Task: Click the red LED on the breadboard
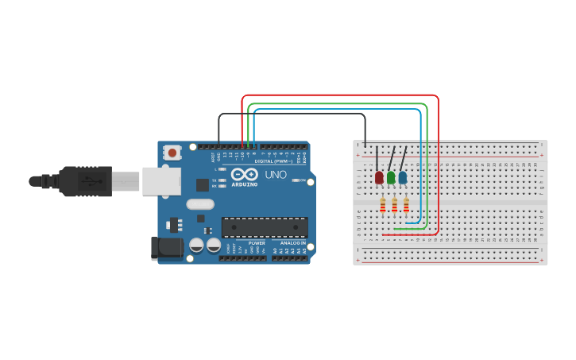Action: pos(379,177)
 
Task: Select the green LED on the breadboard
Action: pos(391,177)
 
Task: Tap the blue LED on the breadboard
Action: pos(403,177)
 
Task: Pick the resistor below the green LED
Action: pos(395,207)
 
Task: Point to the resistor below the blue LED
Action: pos(406,207)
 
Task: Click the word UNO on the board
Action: pos(276,174)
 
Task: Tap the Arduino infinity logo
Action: pos(245,174)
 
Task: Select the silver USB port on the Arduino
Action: pos(161,180)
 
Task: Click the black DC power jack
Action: pos(168,247)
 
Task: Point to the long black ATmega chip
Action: pos(265,227)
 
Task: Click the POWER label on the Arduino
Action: pos(257,242)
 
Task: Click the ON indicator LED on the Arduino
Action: pos(296,180)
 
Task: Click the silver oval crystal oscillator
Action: pos(201,204)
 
